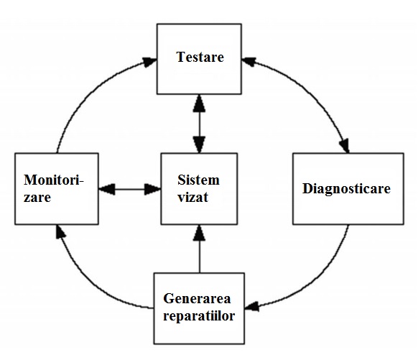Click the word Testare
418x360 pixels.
tap(200, 57)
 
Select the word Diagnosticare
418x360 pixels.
tap(346, 189)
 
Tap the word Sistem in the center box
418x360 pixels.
tap(199, 180)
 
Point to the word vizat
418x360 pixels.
tap(193, 198)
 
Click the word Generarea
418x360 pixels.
tap(197, 298)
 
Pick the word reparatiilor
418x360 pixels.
tap(199, 316)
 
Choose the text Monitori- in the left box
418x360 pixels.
tap(54, 180)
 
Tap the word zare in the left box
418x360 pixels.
tap(37, 198)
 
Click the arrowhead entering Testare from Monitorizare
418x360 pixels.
tap(149, 62)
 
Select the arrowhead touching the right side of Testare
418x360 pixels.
tap(249, 62)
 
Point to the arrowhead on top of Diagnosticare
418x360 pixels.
tap(345, 146)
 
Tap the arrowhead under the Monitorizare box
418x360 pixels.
tap(60, 231)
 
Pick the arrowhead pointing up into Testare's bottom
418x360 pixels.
tap(199, 103)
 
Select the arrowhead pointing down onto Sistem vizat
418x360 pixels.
tap(199, 144)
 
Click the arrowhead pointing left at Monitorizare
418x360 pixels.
tap(107, 189)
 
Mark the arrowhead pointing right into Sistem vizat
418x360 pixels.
tap(152, 189)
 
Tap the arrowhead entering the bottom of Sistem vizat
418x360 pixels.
tap(199, 233)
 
